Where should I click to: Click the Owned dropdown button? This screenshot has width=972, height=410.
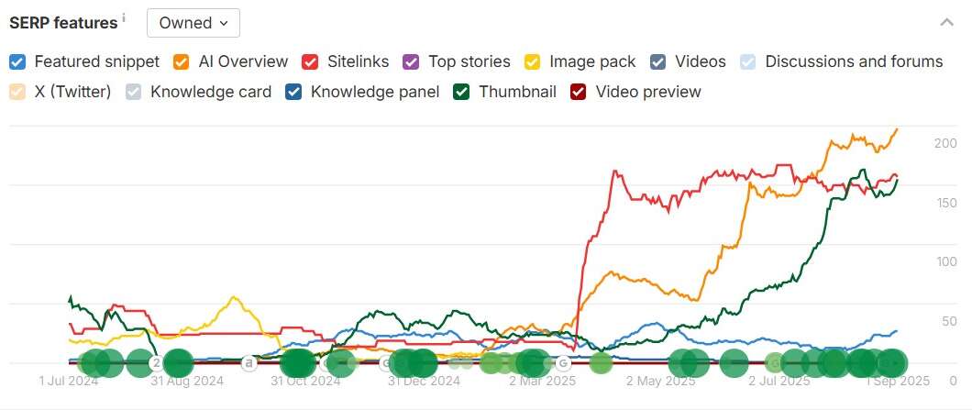[x=193, y=23]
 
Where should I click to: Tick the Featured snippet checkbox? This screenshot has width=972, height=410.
[x=17, y=62]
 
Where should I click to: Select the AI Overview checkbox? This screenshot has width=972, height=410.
[x=181, y=62]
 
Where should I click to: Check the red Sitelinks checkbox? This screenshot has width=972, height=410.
[x=310, y=62]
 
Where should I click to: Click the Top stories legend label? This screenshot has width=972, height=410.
[x=469, y=62]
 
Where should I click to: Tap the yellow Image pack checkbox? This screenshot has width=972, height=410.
[x=532, y=62]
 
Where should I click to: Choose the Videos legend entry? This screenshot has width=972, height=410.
[x=700, y=62]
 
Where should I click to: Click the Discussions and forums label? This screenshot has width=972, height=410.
[x=853, y=62]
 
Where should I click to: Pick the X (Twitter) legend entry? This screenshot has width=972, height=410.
[x=72, y=92]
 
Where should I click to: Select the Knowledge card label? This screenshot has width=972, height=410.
[x=211, y=92]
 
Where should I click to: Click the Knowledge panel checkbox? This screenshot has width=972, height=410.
[x=293, y=92]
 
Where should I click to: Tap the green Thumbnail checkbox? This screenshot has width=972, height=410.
[x=461, y=92]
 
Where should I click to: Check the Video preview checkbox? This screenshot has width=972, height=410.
[x=578, y=92]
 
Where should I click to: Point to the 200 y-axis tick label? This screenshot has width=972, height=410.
[x=945, y=143]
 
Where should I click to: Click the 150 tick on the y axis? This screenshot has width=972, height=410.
[x=945, y=203]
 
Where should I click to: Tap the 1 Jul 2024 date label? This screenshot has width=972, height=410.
[x=68, y=380]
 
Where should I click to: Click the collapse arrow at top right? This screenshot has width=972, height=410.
[x=947, y=23]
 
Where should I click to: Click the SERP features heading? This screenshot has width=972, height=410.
[x=63, y=23]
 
